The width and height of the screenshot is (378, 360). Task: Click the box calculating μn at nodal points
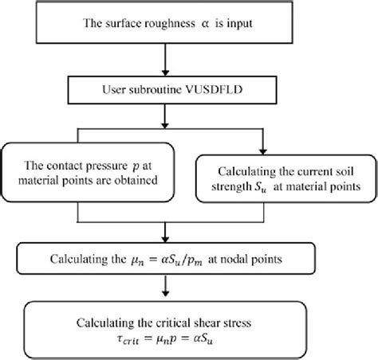[189, 258]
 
